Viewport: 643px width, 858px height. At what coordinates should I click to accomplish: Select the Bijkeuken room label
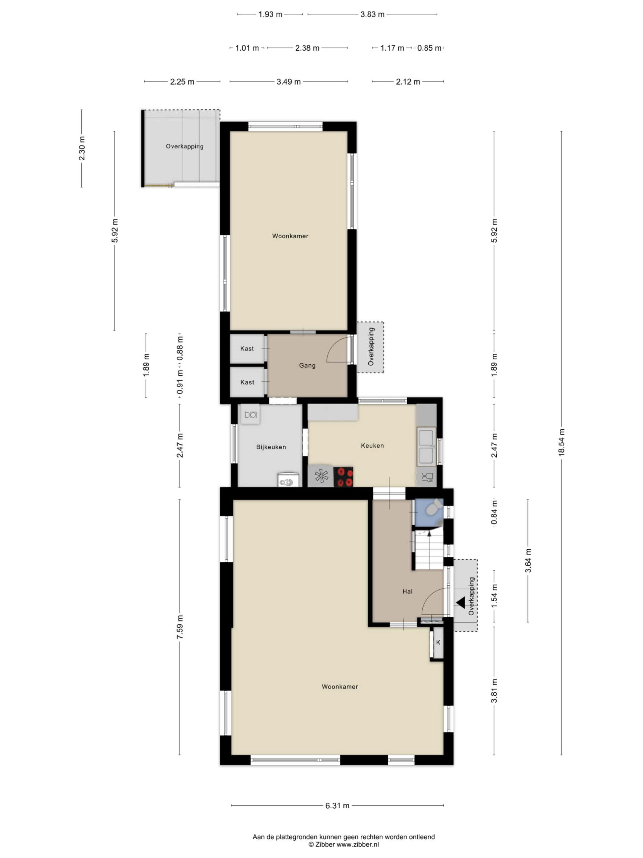pos(271,447)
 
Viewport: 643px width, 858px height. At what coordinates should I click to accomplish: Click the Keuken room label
pos(372,446)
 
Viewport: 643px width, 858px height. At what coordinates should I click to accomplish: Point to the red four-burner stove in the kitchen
pos(343,477)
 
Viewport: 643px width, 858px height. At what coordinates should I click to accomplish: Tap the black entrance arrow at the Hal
pos(460,603)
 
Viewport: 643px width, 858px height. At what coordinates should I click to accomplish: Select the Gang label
pos(307,365)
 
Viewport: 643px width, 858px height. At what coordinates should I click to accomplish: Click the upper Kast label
pos(247,348)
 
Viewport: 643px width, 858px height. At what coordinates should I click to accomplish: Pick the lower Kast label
pos(247,382)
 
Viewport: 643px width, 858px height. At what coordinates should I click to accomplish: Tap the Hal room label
pos(407,592)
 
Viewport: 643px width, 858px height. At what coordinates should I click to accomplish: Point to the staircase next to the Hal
pos(429,549)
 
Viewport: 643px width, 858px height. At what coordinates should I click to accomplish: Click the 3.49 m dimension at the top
pos(288,82)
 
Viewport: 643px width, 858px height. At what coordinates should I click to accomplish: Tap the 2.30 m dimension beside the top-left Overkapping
pos(82,148)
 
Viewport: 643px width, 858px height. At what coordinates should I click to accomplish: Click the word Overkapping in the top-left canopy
pos(185,146)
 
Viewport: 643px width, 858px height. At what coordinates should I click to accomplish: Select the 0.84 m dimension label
pos(494,512)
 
